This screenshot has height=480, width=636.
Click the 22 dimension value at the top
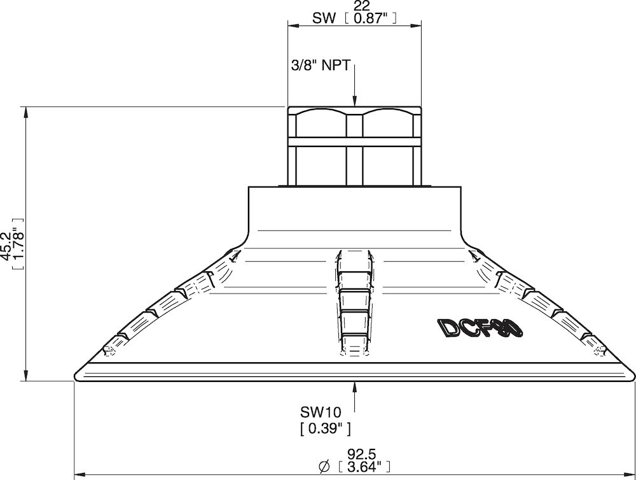[x=362, y=7]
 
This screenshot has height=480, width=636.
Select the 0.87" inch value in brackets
[x=369, y=18]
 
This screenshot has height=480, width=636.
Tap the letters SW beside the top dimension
[x=324, y=18]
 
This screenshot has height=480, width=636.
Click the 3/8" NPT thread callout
[x=320, y=66]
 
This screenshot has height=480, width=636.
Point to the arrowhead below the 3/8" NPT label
[x=354, y=101]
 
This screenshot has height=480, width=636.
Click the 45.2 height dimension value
[x=7, y=246]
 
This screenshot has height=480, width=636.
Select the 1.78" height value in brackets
[x=18, y=244]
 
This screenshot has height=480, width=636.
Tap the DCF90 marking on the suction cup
[x=480, y=328]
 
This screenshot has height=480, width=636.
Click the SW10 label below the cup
[x=321, y=413]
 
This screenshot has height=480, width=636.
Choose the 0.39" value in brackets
[x=325, y=429]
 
